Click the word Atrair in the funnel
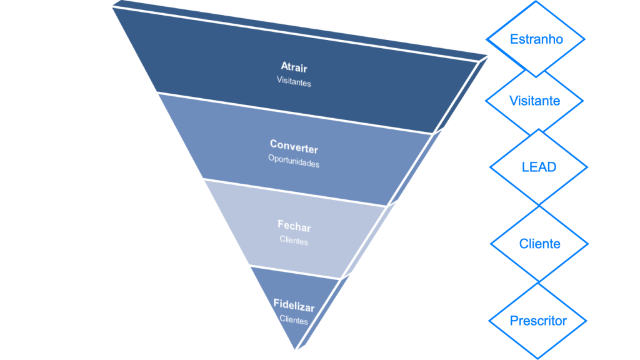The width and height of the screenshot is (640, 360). point(294,67)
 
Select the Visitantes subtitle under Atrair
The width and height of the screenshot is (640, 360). point(294,81)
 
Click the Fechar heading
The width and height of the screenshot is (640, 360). point(294,226)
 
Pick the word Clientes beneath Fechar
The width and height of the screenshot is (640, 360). point(294,240)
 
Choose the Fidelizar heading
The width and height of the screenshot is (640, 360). point(294,306)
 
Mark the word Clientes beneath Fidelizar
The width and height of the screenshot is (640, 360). point(294,319)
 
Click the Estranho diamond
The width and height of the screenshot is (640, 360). point(536,39)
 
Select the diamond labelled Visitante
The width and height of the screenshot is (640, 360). point(534,101)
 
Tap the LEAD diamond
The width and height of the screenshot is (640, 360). point(538,167)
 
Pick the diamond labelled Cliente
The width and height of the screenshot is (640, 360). point(539,244)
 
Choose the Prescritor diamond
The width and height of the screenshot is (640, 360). point(537,321)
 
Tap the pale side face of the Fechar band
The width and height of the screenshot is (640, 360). point(369,241)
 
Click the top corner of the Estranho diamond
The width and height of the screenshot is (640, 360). point(536,2)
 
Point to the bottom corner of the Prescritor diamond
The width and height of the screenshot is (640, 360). point(537,358)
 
